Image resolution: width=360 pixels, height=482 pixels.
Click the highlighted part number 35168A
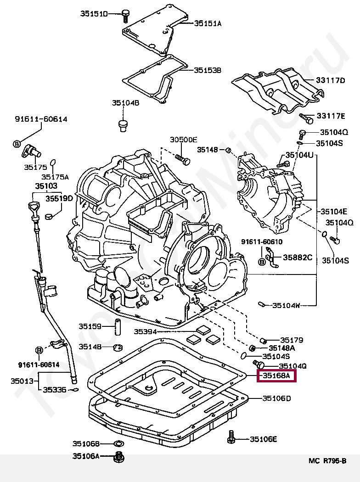point(276,376)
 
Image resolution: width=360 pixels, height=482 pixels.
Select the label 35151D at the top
point(94,14)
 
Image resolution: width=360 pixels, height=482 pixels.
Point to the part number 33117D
point(330,80)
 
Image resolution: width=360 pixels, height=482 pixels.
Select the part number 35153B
point(207,70)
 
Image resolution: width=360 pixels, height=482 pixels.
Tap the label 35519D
point(59,198)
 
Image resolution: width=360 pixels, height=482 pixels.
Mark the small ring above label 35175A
point(53,162)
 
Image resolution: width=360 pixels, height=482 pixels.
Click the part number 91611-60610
point(262,241)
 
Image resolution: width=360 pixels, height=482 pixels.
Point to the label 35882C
point(297,258)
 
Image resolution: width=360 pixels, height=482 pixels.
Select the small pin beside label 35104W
point(261,304)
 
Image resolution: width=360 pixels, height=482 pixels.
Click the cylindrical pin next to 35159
point(117,326)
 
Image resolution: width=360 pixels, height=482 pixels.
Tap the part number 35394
point(146,331)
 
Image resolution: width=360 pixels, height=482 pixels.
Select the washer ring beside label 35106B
point(118,443)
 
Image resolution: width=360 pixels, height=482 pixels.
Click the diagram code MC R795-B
point(327,461)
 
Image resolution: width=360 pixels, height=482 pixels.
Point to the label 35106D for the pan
point(276,398)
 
